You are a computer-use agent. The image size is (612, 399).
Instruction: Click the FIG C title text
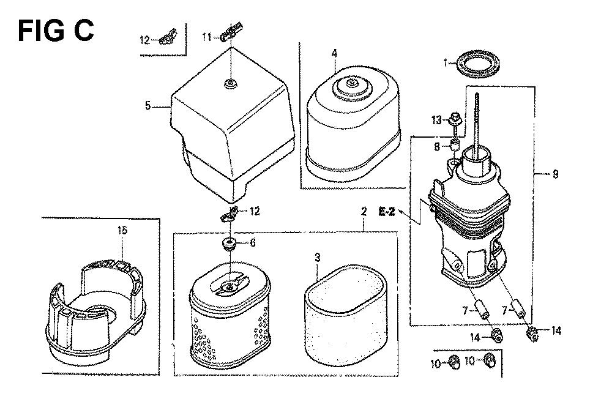pos(56,31)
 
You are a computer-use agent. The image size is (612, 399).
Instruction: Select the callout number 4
pos(335,53)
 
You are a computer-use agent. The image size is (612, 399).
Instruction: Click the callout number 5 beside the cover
pos(147,105)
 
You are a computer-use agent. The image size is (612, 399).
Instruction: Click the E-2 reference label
pos(387,212)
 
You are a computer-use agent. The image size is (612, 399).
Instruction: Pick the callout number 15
pos(122,230)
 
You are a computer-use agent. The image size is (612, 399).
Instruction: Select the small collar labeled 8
pos(454,146)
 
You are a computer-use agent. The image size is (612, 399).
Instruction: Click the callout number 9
pos(556,174)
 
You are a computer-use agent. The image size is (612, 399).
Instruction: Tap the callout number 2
pos(364,212)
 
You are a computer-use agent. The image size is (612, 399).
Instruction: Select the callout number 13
pos(436,120)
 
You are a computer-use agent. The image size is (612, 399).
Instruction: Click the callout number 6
pos(253,243)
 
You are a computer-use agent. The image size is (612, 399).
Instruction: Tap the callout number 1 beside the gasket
pos(446,62)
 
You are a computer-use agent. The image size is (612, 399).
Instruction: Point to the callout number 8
pos(437,147)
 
